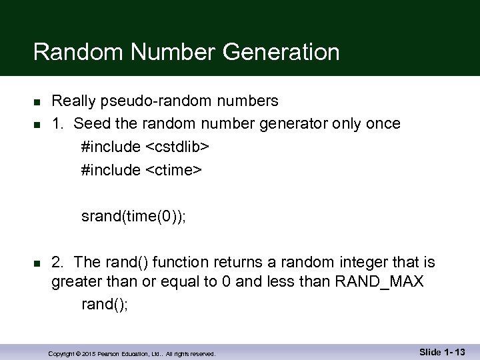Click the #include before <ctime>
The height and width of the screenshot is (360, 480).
coord(110,170)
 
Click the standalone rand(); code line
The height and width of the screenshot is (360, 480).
coord(104,304)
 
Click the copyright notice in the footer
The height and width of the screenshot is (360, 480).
coord(132,354)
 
